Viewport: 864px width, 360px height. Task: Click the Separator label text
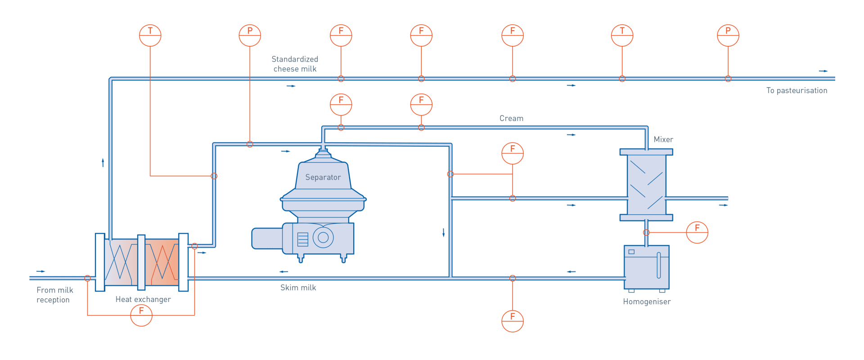323,177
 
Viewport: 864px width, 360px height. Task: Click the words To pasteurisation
797,90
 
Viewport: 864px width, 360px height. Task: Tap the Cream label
511,118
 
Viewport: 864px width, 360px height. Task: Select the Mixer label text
663,139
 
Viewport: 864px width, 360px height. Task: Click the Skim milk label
298,288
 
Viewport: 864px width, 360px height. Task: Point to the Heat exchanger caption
143,300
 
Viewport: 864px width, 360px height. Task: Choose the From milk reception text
54,295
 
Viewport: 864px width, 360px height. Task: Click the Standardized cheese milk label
295,64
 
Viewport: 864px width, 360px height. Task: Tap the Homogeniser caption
647,302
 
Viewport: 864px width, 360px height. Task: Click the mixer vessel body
646,184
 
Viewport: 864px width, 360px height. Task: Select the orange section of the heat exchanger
162,262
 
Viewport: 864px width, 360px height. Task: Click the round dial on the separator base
323,237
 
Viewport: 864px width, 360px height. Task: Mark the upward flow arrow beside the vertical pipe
103,162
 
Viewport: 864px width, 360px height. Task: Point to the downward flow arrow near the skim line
444,233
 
